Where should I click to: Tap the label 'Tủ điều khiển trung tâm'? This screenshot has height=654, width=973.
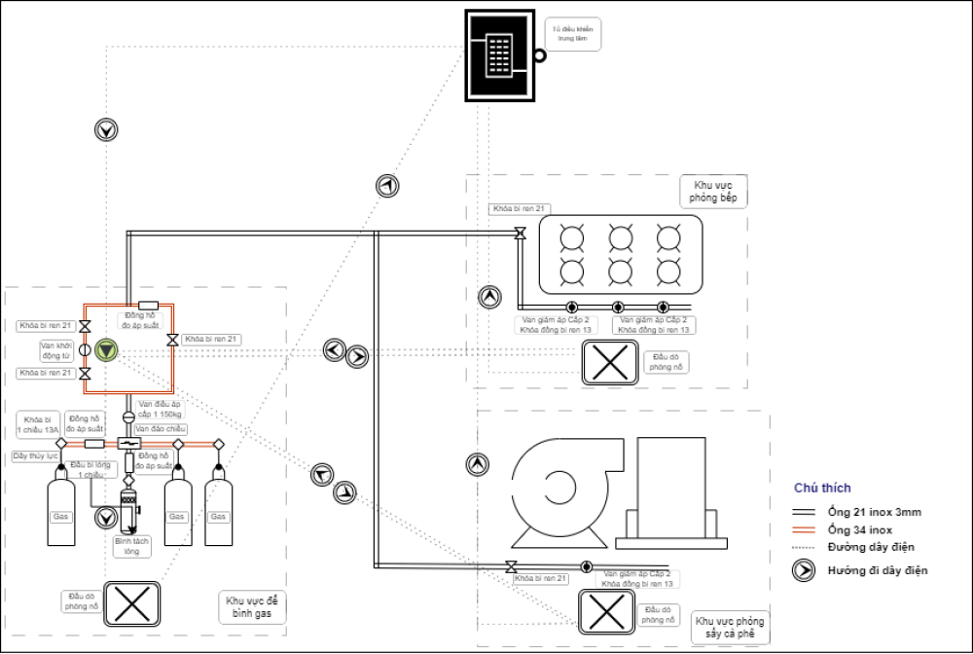pos(574,34)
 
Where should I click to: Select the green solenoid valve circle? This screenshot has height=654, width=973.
pos(105,350)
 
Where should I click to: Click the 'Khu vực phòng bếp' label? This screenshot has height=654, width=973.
pos(715,191)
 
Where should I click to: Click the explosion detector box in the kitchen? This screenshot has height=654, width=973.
pos(608,362)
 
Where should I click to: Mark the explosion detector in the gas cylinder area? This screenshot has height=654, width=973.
pos(131,603)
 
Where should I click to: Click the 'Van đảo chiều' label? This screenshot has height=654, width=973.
pos(161,429)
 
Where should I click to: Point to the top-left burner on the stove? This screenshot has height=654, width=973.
pos(570,236)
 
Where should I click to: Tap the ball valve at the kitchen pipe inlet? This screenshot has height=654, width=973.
pos(521,233)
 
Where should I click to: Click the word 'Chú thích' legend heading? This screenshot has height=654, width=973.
pos(822,488)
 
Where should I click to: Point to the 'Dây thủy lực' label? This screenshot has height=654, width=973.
pos(35,455)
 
